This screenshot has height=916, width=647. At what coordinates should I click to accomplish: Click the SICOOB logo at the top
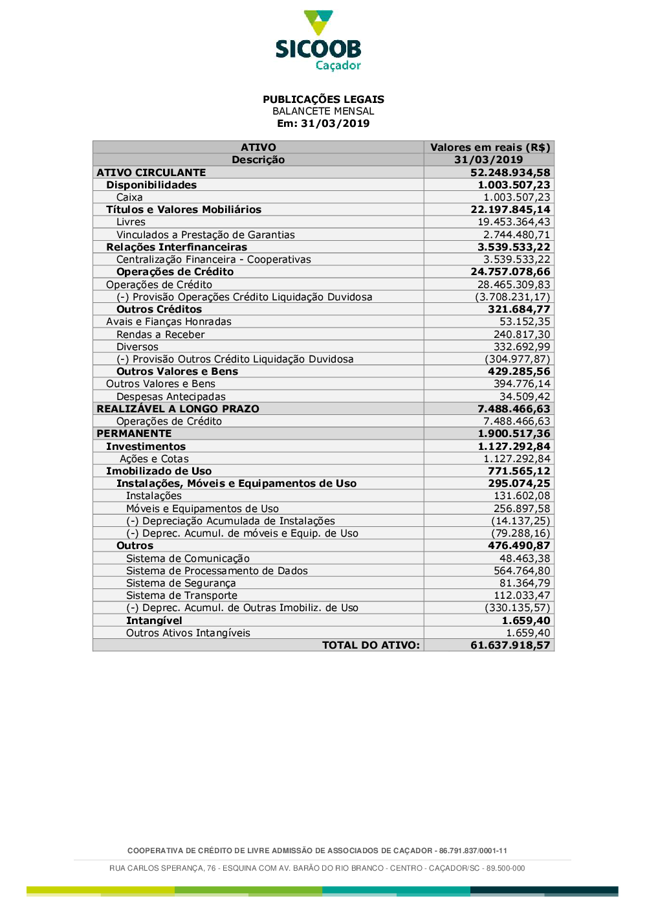coord(318,40)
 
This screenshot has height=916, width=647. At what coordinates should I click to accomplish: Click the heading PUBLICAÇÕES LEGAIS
coord(323,99)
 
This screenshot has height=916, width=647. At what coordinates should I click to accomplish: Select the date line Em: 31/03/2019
coord(323,124)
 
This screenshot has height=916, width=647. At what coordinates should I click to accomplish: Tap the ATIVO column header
coord(258,148)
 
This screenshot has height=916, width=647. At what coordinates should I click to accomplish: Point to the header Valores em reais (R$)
coord(490,148)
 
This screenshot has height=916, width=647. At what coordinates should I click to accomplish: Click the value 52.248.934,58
coord(510,173)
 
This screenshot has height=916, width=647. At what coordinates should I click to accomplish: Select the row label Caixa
coord(129,197)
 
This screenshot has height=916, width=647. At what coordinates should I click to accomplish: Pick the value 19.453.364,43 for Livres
coord(514,222)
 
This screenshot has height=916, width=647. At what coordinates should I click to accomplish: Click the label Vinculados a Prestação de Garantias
coord(205,235)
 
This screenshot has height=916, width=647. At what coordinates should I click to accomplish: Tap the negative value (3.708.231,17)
coord(512,297)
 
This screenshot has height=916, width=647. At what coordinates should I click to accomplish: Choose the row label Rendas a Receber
coord(160,335)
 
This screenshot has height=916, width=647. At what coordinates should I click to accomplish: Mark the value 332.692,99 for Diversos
coord(521,347)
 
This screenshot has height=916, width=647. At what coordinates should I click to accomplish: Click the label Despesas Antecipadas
coord(171,397)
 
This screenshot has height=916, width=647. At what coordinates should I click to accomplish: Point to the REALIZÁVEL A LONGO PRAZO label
coord(178,409)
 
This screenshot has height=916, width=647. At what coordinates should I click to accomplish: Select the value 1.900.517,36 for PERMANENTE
coord(514,434)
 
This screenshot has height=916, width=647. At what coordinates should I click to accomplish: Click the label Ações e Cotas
coord(154,459)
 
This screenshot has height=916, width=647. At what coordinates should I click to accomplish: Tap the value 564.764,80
coord(521,571)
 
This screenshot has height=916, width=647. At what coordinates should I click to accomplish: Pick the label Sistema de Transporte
coord(182,596)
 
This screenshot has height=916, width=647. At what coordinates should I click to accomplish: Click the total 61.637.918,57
coord(510,645)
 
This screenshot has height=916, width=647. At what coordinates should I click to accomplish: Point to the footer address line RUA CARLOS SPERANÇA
coord(317,868)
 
